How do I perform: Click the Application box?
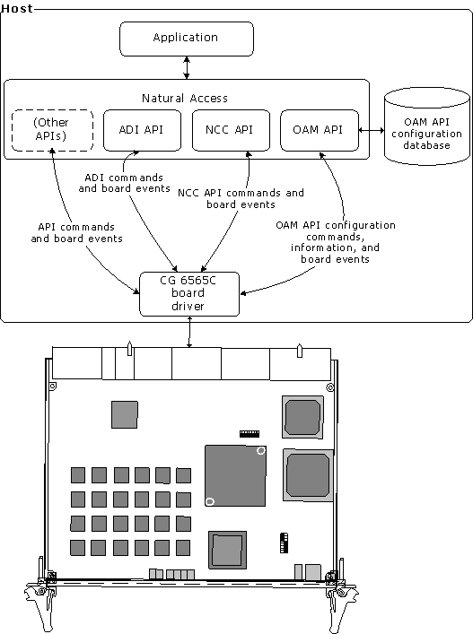click(187, 39)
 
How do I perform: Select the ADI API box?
click(142, 130)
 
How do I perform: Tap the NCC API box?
click(231, 130)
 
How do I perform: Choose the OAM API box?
click(320, 130)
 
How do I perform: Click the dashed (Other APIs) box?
click(52, 130)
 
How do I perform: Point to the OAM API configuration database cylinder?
click(427, 126)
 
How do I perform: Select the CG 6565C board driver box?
click(189, 294)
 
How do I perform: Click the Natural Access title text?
click(185, 99)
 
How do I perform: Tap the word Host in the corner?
click(17, 9)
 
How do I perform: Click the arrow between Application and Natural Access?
click(187, 67)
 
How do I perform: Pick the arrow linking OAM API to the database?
click(372, 130)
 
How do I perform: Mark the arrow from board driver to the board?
click(189, 332)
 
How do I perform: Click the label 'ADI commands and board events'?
click(124, 183)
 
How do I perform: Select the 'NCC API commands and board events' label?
click(241, 198)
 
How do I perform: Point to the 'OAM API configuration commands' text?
click(336, 230)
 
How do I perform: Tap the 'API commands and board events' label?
click(76, 232)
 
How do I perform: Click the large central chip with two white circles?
click(235, 475)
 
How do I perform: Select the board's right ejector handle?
click(342, 601)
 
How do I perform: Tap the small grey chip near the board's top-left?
click(125, 414)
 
